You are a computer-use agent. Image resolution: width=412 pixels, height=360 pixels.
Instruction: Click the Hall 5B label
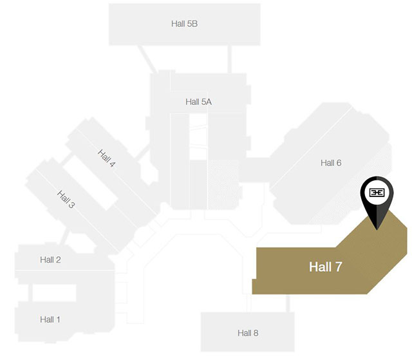184,23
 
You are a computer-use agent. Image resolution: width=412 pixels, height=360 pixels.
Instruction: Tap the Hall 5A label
198,102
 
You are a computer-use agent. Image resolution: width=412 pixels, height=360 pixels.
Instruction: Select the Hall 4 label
107,158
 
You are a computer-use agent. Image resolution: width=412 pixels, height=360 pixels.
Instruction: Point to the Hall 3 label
66,199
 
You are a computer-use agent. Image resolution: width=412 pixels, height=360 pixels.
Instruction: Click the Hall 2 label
50,260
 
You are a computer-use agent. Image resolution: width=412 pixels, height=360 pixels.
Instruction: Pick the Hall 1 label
50,319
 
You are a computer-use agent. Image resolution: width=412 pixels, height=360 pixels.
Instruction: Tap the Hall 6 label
331,163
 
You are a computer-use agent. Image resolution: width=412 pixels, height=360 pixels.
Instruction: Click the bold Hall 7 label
325,267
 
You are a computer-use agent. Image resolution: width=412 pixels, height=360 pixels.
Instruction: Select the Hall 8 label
248,333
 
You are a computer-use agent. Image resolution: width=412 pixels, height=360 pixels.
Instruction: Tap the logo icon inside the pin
377,193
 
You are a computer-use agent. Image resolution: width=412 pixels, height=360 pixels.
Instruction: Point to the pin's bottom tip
378,229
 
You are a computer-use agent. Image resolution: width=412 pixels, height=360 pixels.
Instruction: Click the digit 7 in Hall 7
338,267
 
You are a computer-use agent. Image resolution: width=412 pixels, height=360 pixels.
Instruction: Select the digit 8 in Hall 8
256,333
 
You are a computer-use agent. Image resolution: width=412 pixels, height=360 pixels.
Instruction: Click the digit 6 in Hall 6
339,163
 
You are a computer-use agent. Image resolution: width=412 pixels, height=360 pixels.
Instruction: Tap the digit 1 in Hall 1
58,319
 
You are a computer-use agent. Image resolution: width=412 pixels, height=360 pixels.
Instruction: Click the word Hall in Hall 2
47,260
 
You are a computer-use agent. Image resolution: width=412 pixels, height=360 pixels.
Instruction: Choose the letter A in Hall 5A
209,102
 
